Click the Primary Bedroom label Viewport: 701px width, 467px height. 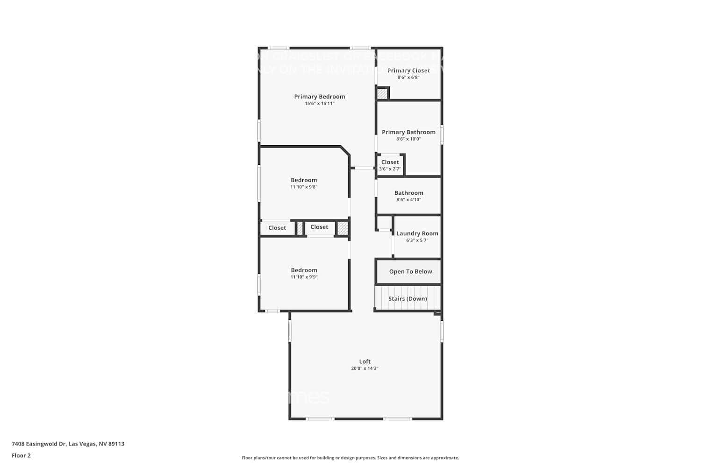[320, 97]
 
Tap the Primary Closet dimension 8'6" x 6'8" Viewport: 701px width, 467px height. [408, 78]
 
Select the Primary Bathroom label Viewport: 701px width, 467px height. [408, 132]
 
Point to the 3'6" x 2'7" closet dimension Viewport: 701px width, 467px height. [390, 169]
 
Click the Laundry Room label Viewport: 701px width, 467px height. [417, 233]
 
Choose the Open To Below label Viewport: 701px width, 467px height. [410, 272]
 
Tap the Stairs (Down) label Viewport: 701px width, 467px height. [408, 299]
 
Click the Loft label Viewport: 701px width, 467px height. [365, 361]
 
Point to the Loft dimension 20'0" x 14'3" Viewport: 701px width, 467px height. [365, 368]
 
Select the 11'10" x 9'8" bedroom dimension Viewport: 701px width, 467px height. [304, 187]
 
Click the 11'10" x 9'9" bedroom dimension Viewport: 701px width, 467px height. [304, 277]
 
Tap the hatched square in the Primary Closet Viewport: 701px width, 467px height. [382, 94]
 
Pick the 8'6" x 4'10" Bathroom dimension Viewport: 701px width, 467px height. [408, 200]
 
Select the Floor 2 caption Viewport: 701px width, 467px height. [21, 456]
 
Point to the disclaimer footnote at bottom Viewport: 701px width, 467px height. [350, 458]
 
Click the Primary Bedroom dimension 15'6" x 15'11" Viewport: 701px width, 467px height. [320, 104]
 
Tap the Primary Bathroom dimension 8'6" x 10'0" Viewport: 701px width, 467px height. [408, 139]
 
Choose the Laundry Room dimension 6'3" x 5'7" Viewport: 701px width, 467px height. [417, 241]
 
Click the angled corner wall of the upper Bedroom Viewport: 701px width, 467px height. [346, 151]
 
